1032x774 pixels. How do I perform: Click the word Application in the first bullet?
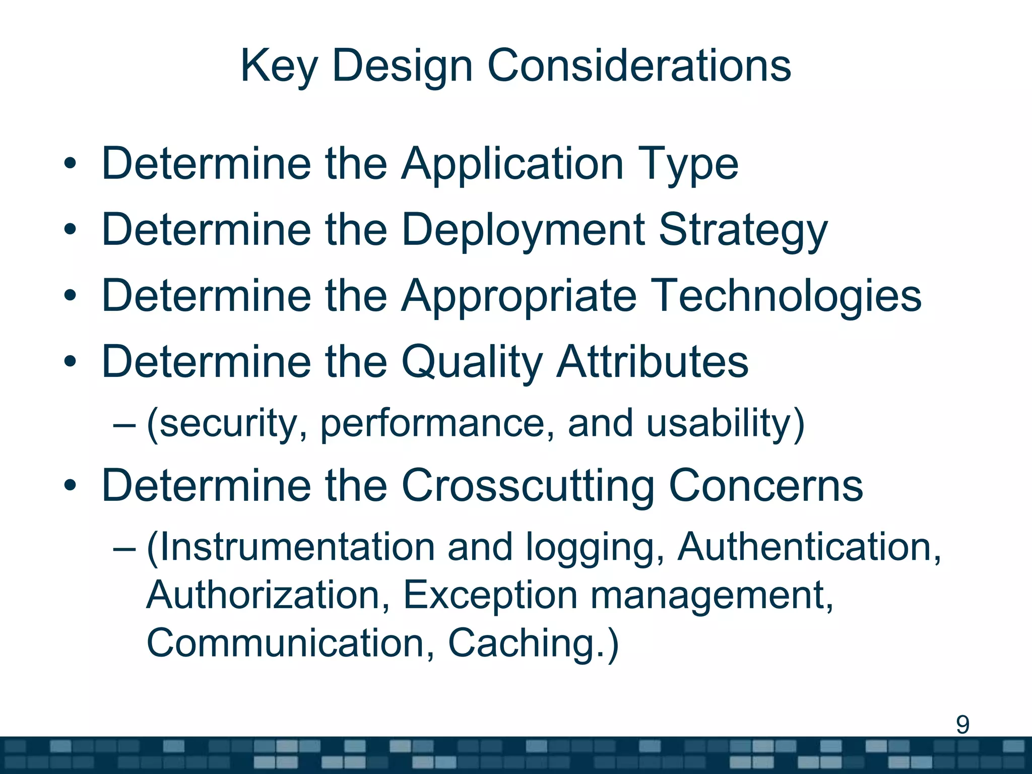[x=512, y=164]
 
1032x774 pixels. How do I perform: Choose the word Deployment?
[x=523, y=230]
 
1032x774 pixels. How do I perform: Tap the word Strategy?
[x=743, y=230]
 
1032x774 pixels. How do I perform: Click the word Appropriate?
[x=519, y=296]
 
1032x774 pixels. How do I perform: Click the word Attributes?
[x=653, y=362]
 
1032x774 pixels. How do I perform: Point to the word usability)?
[x=726, y=424]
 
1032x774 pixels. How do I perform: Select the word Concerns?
[x=766, y=486]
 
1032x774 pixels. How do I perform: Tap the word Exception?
[x=490, y=596]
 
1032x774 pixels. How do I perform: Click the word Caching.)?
[x=533, y=643]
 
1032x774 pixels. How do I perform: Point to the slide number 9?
[x=962, y=725]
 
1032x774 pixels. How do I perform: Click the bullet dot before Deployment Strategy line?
[x=70, y=230]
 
